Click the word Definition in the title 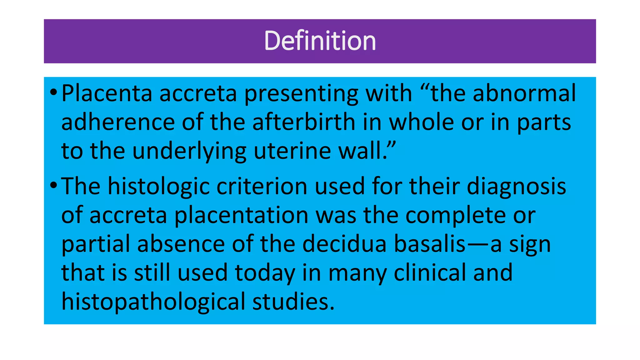(x=320, y=41)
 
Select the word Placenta (x=107, y=93)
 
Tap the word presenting (x=301, y=94)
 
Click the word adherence (x=118, y=122)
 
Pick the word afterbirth (x=304, y=122)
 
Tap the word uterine (x=292, y=151)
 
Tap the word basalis (x=430, y=244)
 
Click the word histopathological (x=153, y=302)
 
